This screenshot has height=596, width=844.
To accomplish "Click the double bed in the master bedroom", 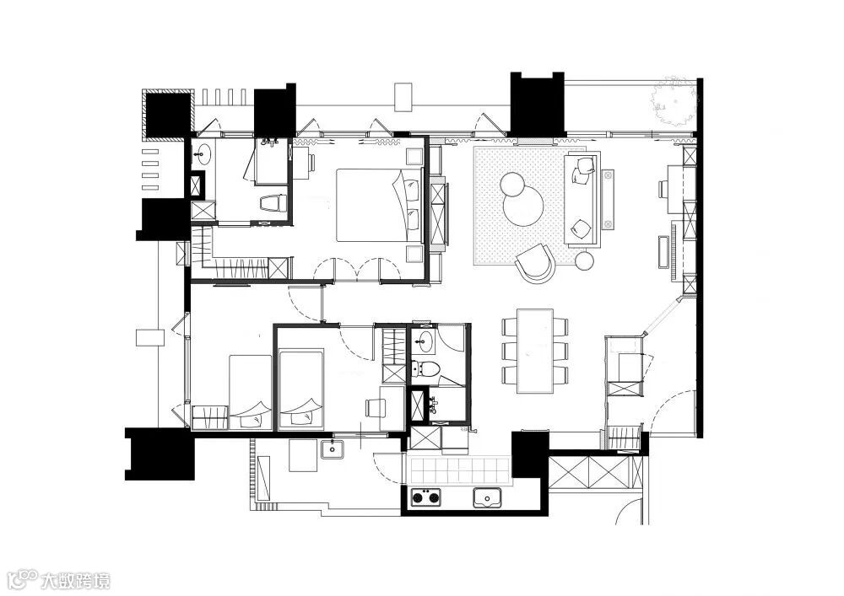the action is click(376, 205).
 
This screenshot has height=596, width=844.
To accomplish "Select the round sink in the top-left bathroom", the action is click(202, 154).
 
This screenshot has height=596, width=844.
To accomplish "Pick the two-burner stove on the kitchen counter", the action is click(427, 497).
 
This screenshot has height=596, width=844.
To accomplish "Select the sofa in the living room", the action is click(582, 200).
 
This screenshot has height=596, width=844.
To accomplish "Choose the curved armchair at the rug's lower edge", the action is click(534, 262).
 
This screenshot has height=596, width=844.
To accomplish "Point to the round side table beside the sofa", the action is click(585, 261).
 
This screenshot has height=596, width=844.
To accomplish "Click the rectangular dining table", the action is click(535, 350).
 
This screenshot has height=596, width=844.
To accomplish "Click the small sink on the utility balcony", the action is click(333, 448).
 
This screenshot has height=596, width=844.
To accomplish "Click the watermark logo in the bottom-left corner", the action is click(58, 580).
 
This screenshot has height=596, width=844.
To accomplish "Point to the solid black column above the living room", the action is click(537, 103).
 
